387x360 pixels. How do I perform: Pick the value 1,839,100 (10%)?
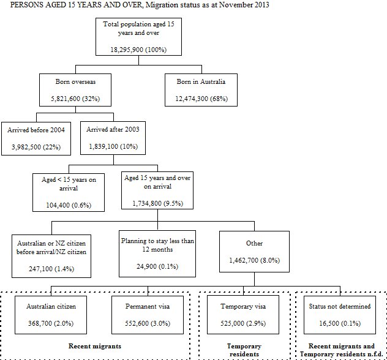115,148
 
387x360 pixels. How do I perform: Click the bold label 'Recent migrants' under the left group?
95,345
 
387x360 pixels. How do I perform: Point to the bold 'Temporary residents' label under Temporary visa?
244,350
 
